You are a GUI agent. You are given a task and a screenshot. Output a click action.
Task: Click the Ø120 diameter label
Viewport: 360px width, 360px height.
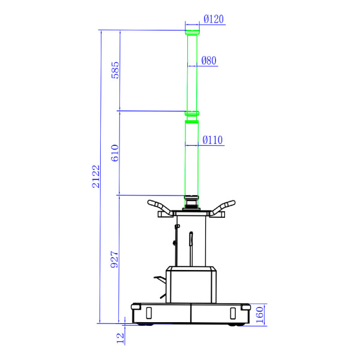click(x=214, y=19)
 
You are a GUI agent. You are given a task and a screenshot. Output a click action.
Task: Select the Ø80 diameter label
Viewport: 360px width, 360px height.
click(x=209, y=61)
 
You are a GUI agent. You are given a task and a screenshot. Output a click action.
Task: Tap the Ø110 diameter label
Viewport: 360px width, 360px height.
click(x=212, y=140)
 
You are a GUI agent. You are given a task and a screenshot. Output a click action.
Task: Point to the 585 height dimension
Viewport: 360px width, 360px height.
click(x=115, y=70)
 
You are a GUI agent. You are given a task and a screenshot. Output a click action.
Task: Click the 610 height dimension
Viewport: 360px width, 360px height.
click(x=115, y=153)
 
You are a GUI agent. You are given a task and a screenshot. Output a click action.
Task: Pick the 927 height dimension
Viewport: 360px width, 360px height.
click(x=115, y=259)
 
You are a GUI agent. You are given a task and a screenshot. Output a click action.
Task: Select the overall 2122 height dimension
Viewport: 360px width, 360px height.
click(x=96, y=176)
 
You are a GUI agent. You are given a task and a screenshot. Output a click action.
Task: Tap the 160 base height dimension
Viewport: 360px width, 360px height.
click(x=259, y=315)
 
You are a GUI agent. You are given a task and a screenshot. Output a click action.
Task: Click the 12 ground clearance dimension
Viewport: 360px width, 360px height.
click(x=120, y=338)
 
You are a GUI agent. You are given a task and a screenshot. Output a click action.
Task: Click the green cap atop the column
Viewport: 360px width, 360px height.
click(x=192, y=32)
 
